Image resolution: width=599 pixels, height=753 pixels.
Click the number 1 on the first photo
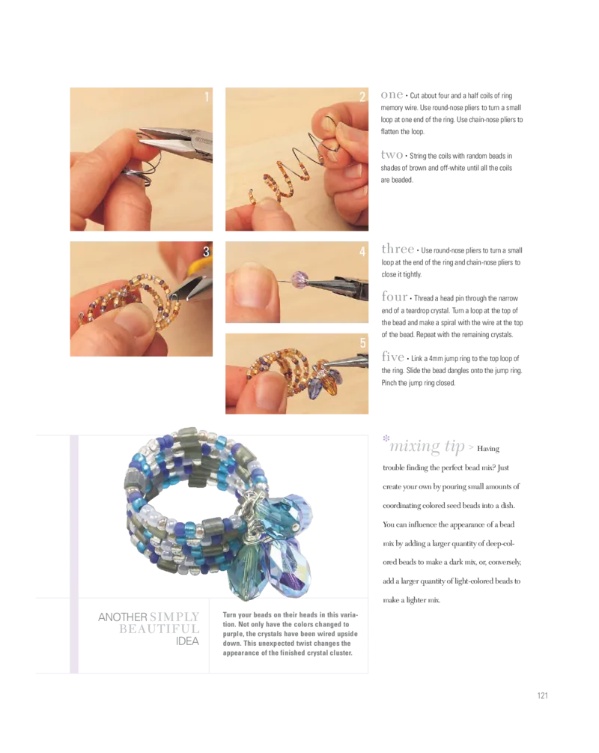coord(207,97)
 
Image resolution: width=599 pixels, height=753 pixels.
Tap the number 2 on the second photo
coord(362,97)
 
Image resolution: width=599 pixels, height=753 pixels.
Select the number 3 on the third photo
coord(206,251)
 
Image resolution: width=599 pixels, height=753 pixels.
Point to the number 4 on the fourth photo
coord(362,251)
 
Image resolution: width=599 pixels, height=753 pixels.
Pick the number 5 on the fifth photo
coord(363,342)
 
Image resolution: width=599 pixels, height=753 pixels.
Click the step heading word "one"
coord(392,95)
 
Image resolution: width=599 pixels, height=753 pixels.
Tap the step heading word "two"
coord(392,154)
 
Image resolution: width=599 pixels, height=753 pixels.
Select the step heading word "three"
coord(398,249)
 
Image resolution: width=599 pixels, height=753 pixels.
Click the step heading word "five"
coord(393,357)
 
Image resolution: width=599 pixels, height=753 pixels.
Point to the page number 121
coord(542,695)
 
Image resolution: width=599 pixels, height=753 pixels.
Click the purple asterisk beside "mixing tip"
coord(386,438)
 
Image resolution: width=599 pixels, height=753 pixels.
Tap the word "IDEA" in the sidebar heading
coord(187,641)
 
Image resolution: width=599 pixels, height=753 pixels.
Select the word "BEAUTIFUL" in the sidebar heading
coord(159,629)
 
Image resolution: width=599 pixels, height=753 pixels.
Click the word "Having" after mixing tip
coord(488,449)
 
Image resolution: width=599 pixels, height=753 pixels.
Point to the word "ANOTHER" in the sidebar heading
coord(122,617)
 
